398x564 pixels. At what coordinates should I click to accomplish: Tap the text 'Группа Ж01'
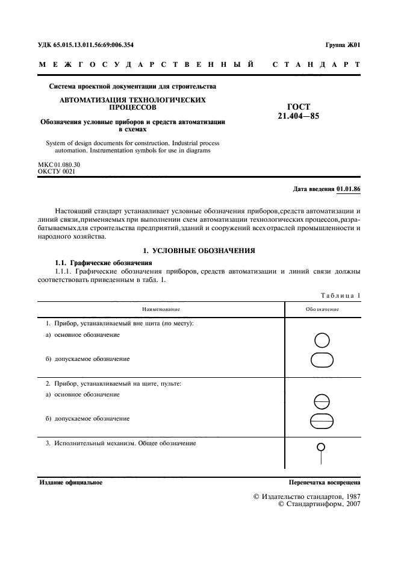tap(343, 45)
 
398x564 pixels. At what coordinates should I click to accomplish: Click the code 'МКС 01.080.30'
tap(59, 164)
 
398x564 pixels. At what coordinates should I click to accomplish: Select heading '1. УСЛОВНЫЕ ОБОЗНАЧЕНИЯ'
tap(199, 250)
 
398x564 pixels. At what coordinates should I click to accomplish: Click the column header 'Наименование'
tap(161, 309)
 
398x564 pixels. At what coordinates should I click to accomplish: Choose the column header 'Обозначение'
tap(322, 309)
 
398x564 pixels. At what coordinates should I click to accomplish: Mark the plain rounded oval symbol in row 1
tap(322, 360)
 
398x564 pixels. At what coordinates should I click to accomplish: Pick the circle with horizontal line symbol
tap(322, 400)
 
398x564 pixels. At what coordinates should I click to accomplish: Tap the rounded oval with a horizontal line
tap(322, 421)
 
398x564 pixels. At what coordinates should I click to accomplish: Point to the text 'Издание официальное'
tap(70, 483)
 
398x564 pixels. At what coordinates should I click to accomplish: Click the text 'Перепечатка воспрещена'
tap(325, 483)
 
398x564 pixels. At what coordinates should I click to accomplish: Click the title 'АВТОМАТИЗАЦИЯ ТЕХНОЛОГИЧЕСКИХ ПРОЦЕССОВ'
tap(132, 103)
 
